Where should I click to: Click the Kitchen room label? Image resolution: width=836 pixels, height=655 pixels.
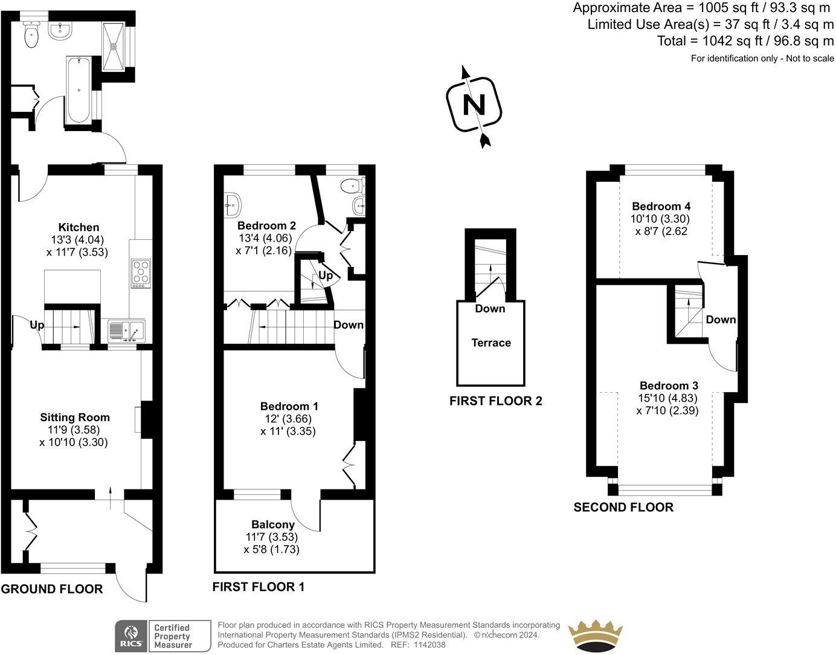coord(79,227)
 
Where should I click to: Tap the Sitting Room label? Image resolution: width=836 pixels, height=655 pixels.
coord(75,417)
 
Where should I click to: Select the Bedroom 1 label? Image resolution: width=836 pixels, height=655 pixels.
coord(289,407)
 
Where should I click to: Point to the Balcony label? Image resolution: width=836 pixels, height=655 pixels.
coord(273,524)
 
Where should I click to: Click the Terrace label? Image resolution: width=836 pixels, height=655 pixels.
coord(491,343)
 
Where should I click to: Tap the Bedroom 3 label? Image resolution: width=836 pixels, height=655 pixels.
coord(669,386)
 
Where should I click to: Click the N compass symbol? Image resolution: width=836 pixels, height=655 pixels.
coord(474,106)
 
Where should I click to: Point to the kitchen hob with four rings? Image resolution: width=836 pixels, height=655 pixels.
coord(141,271)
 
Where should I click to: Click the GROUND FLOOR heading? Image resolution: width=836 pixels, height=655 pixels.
coord(52,589)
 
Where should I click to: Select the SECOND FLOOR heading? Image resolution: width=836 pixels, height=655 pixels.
coord(623,507)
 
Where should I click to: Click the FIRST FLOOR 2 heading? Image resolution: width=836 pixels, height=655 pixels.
coord(495,401)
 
